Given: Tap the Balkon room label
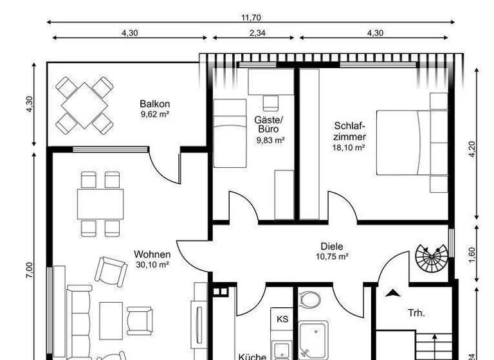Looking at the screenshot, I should [x=154, y=104].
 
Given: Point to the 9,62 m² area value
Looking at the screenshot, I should [x=154, y=115].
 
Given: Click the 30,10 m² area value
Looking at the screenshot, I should [x=152, y=264].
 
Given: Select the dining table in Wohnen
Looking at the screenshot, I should [x=100, y=204].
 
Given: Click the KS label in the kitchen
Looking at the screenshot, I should [x=282, y=319].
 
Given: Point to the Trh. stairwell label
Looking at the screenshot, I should [x=416, y=314].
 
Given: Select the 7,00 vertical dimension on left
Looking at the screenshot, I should [x=30, y=270].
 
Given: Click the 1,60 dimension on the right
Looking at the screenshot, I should [x=473, y=255].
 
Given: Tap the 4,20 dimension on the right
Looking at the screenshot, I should [x=473, y=149].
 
